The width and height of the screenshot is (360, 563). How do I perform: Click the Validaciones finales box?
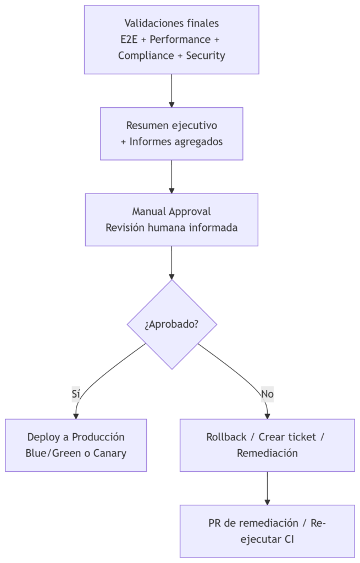[171, 40]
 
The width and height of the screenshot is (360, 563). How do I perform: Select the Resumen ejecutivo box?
[171, 134]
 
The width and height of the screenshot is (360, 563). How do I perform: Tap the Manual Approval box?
[171, 219]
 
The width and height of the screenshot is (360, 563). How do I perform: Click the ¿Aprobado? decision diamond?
[171, 324]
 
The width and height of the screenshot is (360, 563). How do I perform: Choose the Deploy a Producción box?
[76, 445]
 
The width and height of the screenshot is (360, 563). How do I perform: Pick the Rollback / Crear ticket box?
[267, 445]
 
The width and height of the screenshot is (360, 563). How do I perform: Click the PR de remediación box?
[267, 531]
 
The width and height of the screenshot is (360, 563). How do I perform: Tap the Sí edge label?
[76, 394]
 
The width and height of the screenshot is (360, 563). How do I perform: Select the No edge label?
[267, 394]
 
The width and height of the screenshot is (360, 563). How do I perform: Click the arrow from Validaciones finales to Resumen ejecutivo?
[171, 91]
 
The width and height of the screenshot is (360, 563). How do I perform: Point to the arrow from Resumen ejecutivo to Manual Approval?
[171, 176]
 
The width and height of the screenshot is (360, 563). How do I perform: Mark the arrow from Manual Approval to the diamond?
[171, 262]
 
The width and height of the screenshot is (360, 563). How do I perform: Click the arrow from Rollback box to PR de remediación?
[267, 488]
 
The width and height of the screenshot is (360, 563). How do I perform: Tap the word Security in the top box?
[206, 56]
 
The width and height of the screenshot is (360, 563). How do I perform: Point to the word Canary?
[110, 454]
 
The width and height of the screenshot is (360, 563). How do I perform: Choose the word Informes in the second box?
[149, 141]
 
